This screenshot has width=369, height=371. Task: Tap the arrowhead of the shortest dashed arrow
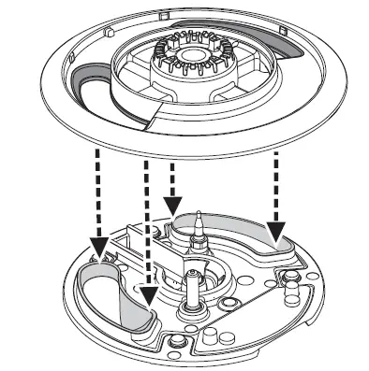coord(171,203)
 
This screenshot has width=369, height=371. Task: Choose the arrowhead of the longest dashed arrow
coord(147,296)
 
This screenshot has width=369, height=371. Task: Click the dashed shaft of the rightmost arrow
coord(274,187)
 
